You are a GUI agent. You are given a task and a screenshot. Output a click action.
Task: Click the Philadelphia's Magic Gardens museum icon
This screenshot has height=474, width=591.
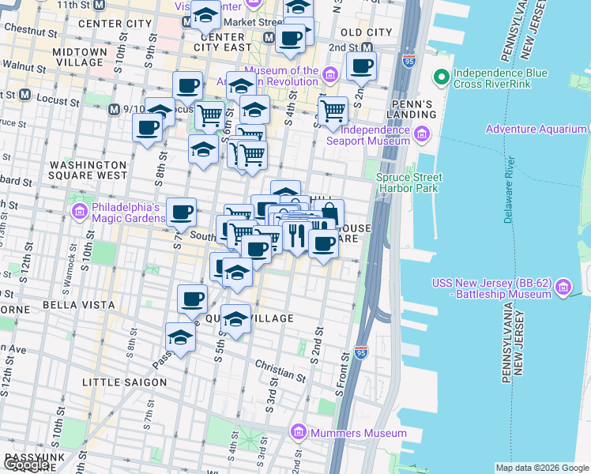(x=79, y=212)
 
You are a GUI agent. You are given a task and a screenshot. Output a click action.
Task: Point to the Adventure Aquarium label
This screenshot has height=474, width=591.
(x=536, y=129)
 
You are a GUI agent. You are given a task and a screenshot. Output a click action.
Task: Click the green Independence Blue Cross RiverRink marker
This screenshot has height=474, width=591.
(x=440, y=78)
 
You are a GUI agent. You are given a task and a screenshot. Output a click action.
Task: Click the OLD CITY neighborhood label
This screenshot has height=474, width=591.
(x=365, y=32)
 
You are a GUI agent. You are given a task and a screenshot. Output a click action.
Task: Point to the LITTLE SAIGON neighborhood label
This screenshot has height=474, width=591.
(x=125, y=382)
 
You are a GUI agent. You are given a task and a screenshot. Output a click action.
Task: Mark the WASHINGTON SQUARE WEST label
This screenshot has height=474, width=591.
(x=88, y=170)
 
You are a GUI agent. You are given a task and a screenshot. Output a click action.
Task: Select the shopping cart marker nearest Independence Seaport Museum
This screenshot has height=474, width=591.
(x=333, y=111)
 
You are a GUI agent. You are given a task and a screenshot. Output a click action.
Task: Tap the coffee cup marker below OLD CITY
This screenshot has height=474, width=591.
(x=361, y=66)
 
